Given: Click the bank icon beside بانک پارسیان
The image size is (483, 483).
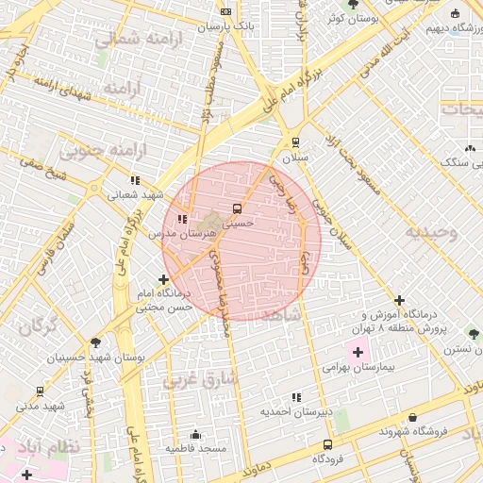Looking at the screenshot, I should [225, 11].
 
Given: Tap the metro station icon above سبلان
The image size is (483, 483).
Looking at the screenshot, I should [296, 142].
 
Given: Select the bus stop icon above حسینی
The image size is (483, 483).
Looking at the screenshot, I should [236, 208].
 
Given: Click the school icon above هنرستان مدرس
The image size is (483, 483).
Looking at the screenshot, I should [182, 219].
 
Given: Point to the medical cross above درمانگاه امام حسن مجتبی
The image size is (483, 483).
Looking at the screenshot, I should [164, 279].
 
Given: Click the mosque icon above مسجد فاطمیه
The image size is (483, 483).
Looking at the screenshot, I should [195, 434].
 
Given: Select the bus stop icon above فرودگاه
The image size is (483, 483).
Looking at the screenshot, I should [327, 444].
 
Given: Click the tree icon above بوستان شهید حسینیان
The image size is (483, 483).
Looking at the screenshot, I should [95, 342].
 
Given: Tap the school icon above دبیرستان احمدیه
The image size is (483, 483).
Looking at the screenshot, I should [297, 397].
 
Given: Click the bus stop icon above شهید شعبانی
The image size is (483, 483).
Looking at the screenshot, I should [136, 179].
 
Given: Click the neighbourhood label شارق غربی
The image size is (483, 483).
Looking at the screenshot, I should [196, 380].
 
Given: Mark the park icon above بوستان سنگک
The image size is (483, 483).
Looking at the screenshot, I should [470, 148].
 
